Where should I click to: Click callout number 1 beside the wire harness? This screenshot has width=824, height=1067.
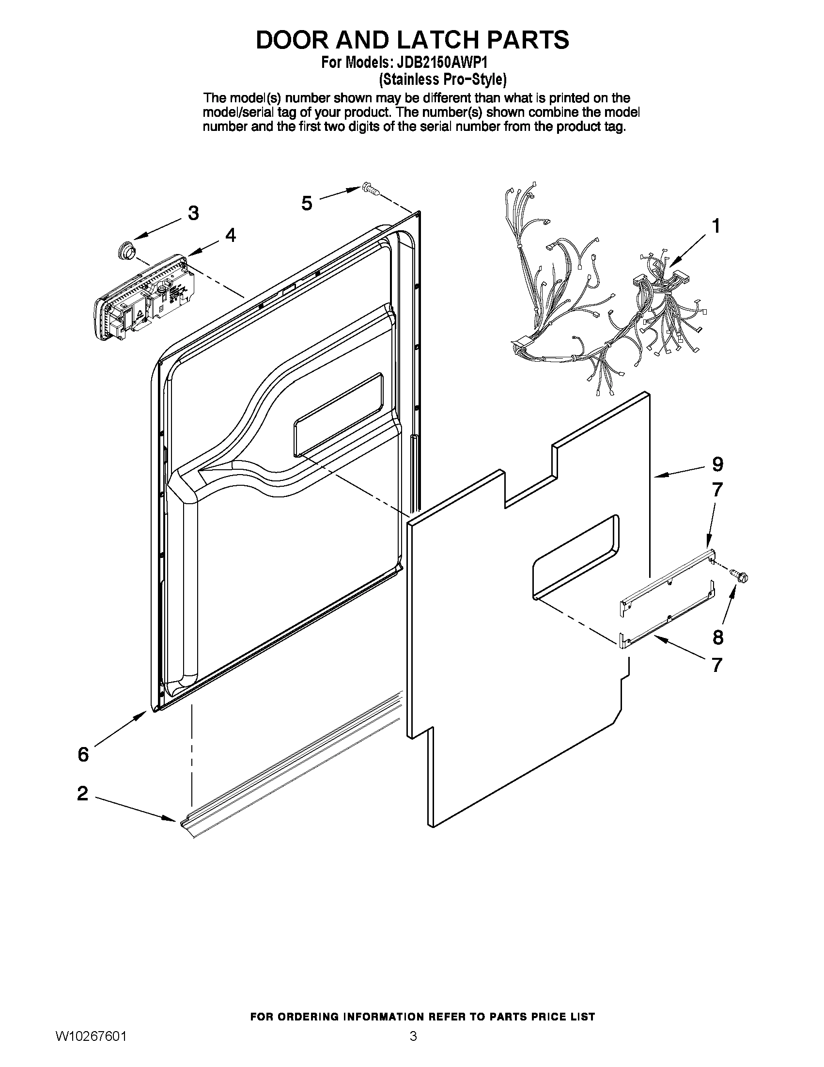[x=716, y=227]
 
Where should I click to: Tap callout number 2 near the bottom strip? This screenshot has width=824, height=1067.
[x=83, y=794]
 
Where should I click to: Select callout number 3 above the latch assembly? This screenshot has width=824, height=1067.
[x=193, y=213]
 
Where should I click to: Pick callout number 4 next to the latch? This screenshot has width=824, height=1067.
[x=230, y=236]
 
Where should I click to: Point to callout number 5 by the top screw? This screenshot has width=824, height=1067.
[x=307, y=203]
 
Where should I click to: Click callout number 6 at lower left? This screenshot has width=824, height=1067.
[x=83, y=755]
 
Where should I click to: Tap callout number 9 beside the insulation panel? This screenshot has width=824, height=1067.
[x=717, y=464]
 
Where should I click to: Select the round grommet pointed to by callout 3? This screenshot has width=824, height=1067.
[x=126, y=251]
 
